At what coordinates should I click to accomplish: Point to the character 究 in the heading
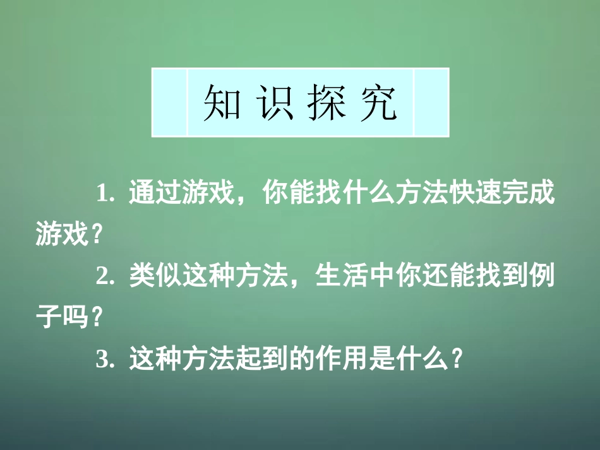(377, 102)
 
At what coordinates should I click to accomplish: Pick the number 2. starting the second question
(105, 277)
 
